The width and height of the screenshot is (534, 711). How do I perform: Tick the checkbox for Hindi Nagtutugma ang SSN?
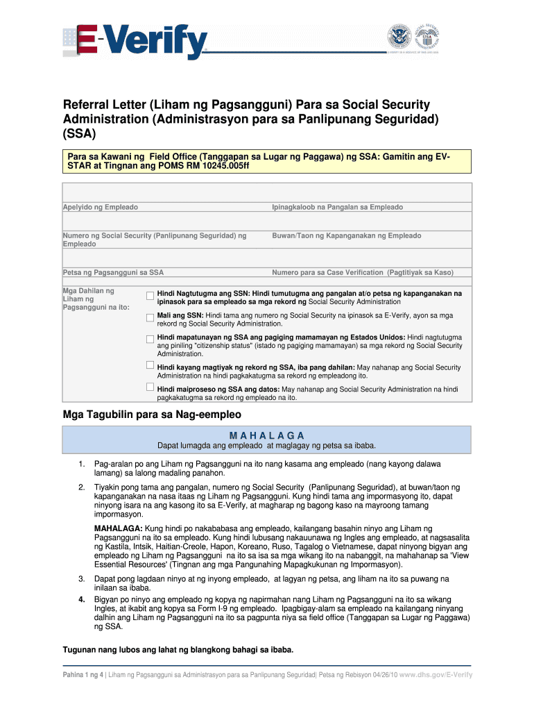(150, 296)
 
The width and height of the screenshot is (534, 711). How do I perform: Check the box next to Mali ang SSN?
(150, 317)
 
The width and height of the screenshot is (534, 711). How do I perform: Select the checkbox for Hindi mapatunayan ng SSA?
(150, 340)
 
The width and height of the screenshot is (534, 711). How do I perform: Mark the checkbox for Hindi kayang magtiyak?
(150, 365)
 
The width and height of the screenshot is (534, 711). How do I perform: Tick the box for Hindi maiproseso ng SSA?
(150, 387)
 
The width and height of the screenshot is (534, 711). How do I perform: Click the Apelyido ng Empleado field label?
(101, 208)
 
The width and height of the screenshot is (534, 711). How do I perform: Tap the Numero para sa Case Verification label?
(362, 273)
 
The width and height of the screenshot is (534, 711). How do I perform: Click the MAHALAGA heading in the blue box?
(267, 435)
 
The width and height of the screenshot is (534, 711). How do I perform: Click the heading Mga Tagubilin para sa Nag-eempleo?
(152, 415)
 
